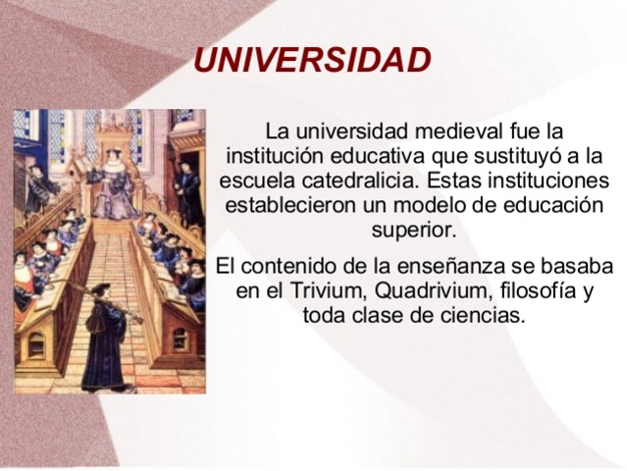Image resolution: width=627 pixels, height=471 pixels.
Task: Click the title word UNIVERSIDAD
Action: point(312,61)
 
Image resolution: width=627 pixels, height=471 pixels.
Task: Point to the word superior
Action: point(414,234)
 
